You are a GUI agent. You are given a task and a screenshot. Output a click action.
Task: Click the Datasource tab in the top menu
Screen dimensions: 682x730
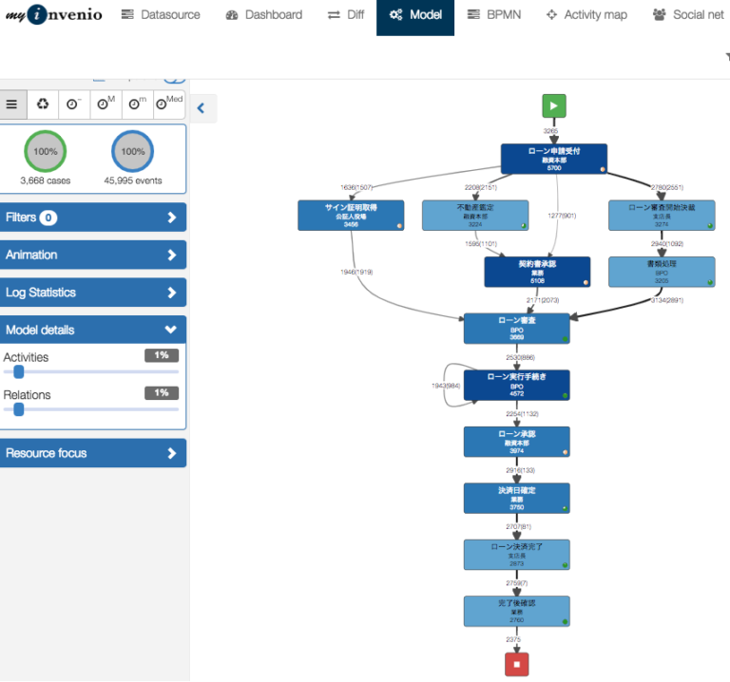coord(161,15)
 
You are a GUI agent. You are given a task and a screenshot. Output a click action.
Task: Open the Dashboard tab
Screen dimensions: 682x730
coord(264,15)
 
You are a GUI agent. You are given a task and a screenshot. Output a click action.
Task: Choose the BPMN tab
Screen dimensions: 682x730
coord(494,15)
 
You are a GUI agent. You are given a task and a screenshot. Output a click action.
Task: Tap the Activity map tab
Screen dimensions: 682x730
coord(586,15)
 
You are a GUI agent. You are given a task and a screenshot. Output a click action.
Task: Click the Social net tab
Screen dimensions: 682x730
coord(688,15)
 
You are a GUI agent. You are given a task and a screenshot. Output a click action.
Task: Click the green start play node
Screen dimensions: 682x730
coord(554,105)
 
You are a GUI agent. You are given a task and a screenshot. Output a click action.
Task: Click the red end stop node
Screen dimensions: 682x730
coord(517,664)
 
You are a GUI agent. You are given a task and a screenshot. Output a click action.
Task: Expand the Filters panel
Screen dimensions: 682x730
coord(92,218)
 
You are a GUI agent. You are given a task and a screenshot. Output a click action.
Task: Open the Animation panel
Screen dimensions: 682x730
coord(92,255)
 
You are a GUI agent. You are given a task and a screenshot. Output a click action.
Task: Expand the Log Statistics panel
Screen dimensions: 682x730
coord(92,293)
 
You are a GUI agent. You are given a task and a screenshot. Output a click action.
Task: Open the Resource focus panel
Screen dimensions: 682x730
coord(92,453)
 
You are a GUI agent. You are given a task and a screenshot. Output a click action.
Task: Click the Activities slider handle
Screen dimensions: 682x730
coord(18,372)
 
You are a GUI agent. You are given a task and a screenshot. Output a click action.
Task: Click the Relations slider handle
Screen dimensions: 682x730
coord(18,409)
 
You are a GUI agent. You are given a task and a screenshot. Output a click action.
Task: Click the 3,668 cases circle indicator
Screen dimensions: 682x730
coord(46,152)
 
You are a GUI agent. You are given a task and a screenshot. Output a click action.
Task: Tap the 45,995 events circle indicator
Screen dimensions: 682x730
coord(133,152)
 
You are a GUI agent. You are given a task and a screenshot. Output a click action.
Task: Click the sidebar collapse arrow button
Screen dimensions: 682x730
coord(201,108)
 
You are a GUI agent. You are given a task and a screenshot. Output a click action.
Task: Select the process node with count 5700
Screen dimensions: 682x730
coord(553,159)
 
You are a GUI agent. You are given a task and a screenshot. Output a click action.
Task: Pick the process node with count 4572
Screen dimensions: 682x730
coord(517,385)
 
